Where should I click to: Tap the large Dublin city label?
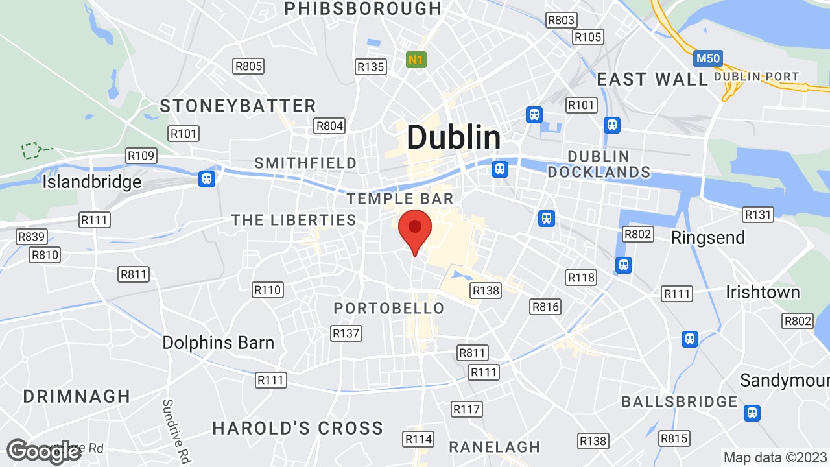(453, 138)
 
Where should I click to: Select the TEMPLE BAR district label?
(399, 198)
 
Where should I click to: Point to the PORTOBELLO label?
(389, 308)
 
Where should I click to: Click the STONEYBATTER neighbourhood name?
(238, 106)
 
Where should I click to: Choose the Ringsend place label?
(707, 237)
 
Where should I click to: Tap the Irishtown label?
(763, 292)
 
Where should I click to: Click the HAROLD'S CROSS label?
(298, 428)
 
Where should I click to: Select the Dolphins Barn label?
(218, 342)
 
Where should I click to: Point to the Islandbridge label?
(91, 182)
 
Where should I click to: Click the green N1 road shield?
(416, 60)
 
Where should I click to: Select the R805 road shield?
(248, 66)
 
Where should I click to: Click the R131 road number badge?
(758, 215)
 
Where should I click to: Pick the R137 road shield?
(346, 333)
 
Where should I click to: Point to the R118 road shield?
(581, 278)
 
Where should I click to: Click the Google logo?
(43, 451)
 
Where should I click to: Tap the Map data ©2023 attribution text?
(774, 457)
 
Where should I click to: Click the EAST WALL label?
(652, 79)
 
